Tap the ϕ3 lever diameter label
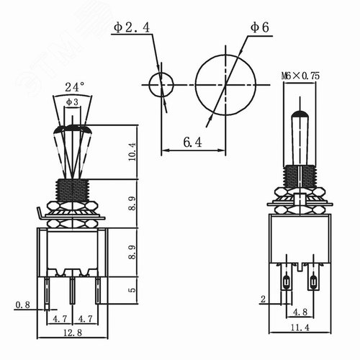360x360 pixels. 73,102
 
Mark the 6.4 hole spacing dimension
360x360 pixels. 192,143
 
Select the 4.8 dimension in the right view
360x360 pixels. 302,312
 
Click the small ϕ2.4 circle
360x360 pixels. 160,85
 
